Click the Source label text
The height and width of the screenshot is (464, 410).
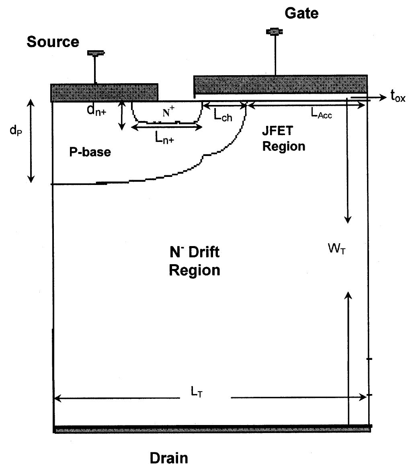[x=53, y=41]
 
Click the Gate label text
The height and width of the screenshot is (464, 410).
[x=301, y=13]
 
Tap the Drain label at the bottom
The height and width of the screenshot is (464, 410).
[x=168, y=457]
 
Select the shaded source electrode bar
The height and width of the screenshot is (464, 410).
[x=104, y=92]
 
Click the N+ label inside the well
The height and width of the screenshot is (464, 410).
[x=168, y=113]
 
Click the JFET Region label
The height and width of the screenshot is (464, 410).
[x=284, y=140]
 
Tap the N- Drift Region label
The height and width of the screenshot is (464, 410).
[x=194, y=261]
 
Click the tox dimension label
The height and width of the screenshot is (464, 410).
[x=398, y=96]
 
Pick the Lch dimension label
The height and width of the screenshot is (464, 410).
[x=223, y=116]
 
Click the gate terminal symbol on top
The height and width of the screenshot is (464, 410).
[x=275, y=31]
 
